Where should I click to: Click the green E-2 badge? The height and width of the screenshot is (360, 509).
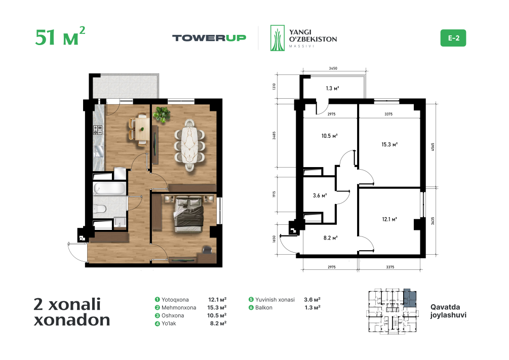point(453,38)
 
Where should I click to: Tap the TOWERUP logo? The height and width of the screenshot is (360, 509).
point(209,38)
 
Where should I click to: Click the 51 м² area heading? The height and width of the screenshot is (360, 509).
point(60,36)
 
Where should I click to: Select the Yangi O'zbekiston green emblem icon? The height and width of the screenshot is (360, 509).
point(277,38)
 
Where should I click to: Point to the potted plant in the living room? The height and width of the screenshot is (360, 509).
point(162,114)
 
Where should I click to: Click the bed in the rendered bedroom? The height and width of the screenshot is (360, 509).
point(189,214)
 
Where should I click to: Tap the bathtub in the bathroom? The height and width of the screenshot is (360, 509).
point(109,188)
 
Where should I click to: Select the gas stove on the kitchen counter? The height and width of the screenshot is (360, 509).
point(98,130)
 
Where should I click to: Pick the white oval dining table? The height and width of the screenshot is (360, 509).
point(190,145)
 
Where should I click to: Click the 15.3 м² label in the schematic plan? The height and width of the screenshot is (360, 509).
point(389,144)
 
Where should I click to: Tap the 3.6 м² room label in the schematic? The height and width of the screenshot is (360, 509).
point(320,195)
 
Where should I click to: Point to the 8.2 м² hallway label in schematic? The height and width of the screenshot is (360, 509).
point(330,238)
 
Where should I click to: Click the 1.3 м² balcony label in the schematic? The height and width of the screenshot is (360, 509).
point(332,88)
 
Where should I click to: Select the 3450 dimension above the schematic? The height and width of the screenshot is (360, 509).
point(333,68)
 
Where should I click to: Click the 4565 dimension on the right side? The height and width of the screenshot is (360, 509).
point(433,147)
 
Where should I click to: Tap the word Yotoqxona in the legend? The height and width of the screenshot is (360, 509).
point(175,300)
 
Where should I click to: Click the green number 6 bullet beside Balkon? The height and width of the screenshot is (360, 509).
point(251,307)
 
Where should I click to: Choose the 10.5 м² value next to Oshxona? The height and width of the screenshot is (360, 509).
point(217,315)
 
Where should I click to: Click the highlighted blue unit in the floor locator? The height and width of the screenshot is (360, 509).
point(410,298)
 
